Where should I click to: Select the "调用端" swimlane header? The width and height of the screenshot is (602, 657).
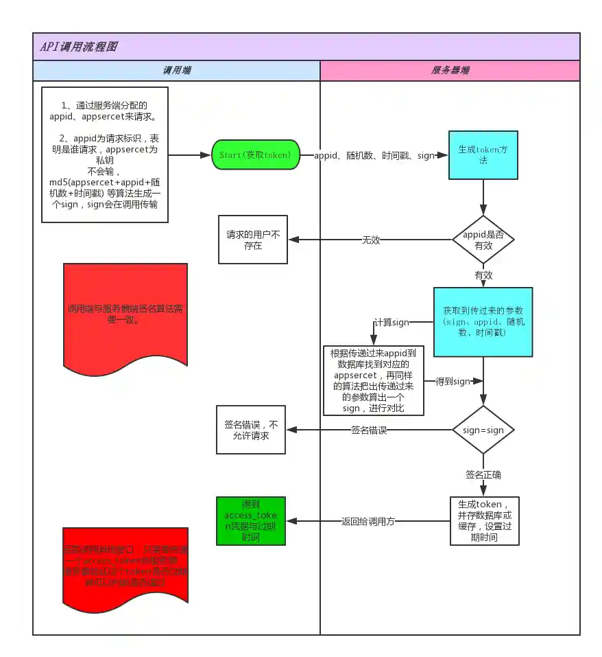pos(177,71)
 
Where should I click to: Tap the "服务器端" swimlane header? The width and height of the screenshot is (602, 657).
pos(450,71)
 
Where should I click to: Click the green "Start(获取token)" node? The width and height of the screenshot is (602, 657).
pos(255,155)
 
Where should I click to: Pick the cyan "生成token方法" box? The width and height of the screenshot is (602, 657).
pos(483,155)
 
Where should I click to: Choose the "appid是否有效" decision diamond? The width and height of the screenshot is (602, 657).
pos(483,240)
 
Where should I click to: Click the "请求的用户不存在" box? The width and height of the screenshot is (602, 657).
pos(253,240)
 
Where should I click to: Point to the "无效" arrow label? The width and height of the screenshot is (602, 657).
pos(371,240)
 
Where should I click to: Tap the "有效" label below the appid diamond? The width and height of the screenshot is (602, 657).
pos(483,275)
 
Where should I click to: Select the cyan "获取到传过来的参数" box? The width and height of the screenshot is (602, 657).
pos(483,321)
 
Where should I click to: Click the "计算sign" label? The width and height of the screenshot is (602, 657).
pos(391,323)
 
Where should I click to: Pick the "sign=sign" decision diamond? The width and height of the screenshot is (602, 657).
pos(483,430)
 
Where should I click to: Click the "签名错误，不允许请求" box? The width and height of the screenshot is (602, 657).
pos(251,430)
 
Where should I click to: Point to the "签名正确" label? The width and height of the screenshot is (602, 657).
pos(483,475)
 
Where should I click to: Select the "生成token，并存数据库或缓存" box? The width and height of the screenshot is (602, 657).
pos(484,521)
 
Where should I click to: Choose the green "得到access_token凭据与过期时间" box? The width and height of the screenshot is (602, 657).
pos(250,521)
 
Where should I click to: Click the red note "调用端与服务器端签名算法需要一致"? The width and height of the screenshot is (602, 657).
pos(125,314)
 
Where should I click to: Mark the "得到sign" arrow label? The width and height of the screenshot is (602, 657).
pos(453,381)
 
